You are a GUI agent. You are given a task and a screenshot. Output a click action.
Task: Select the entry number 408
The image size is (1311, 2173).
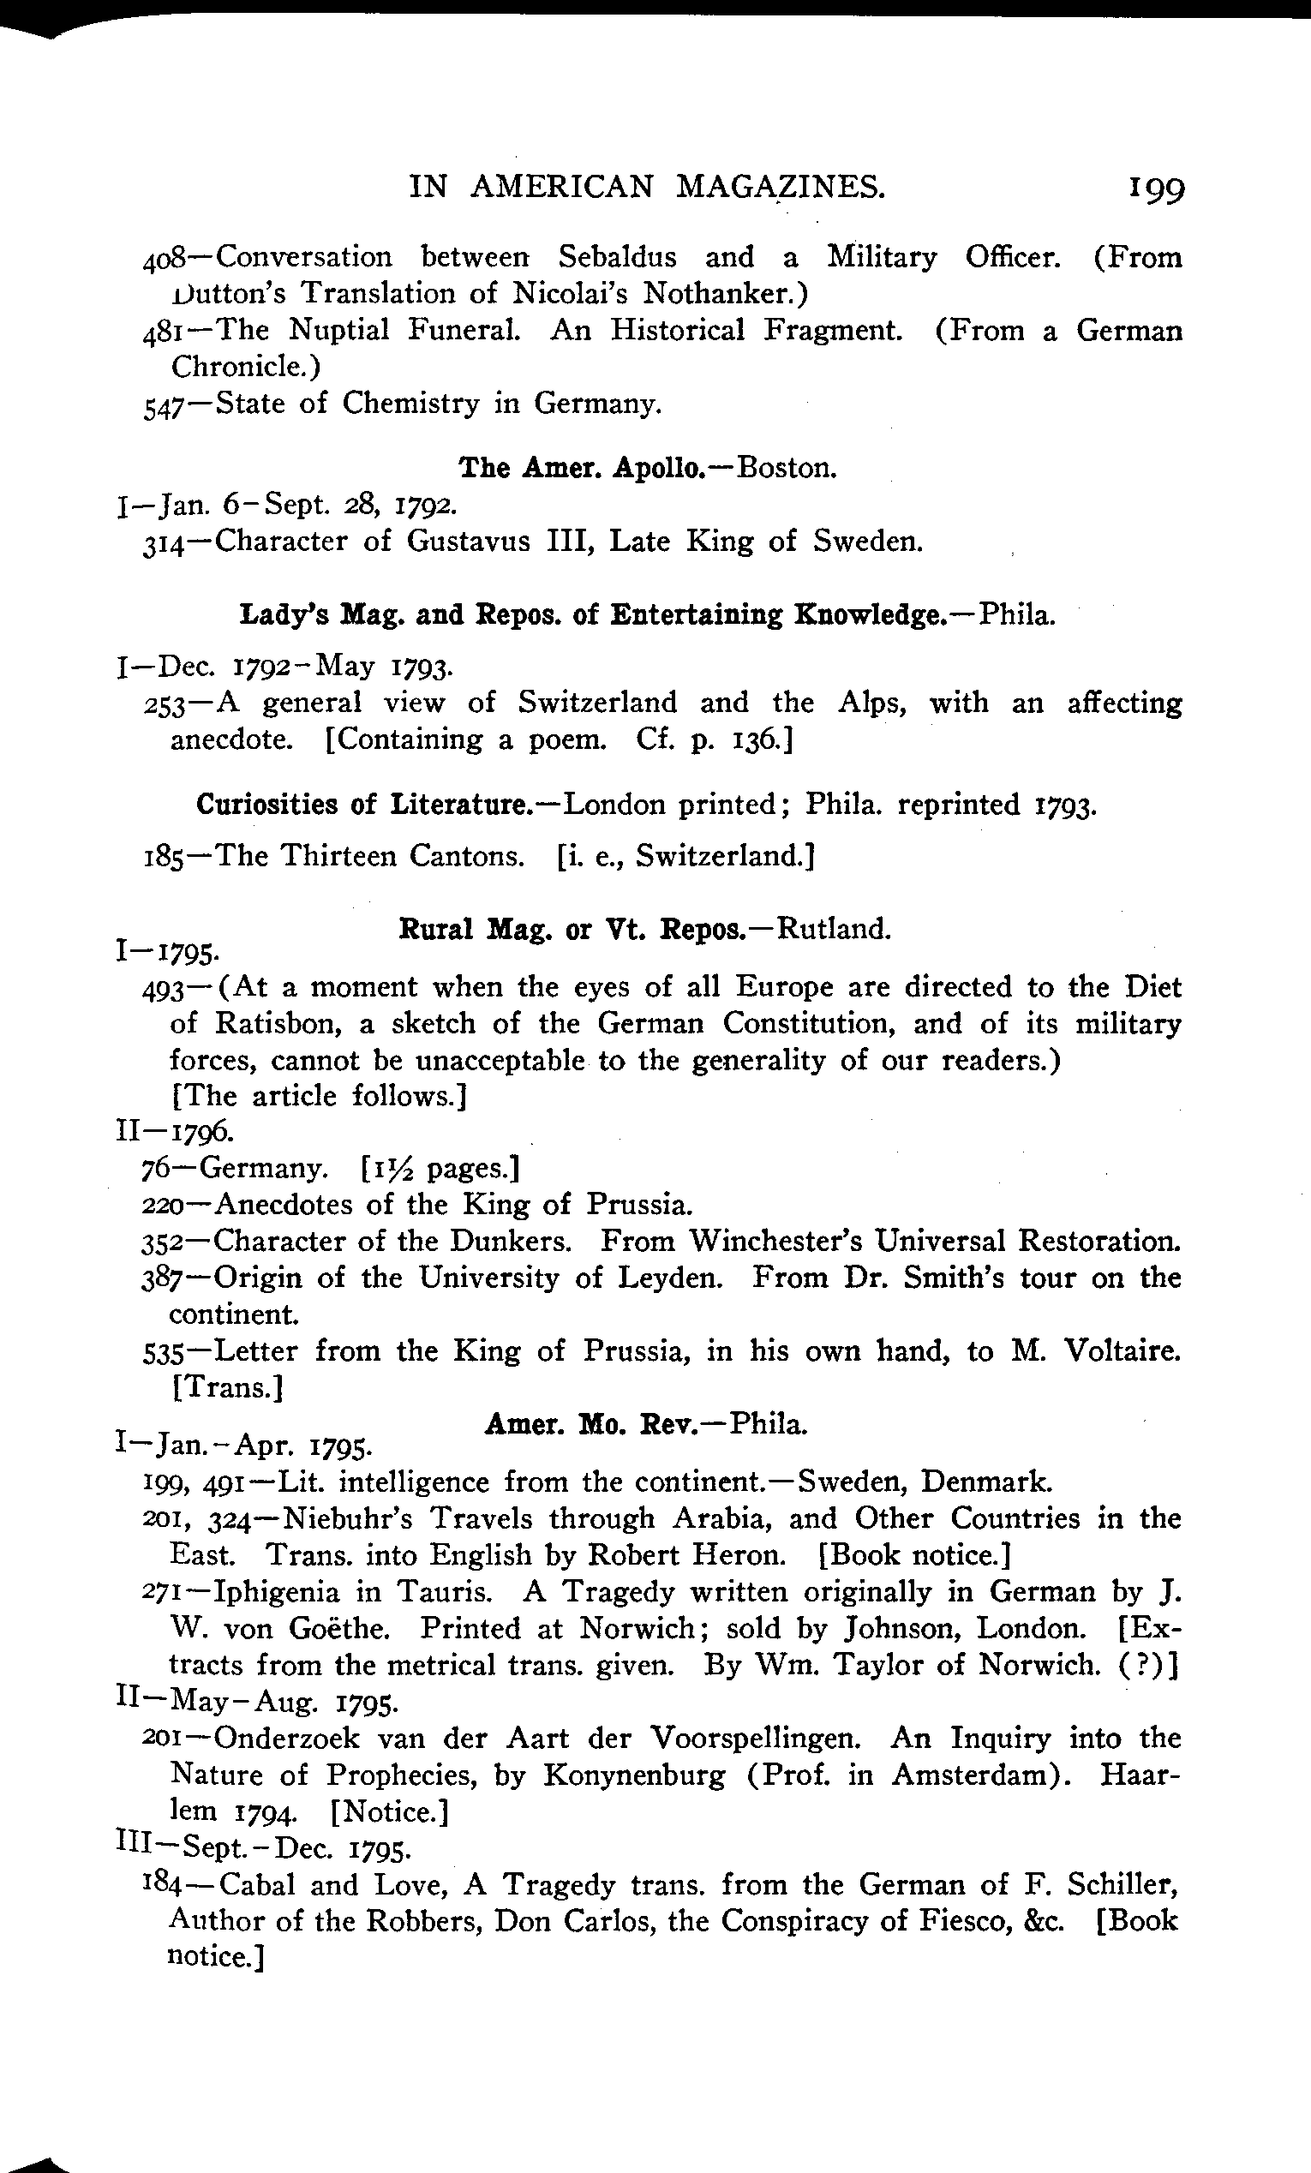point(163,259)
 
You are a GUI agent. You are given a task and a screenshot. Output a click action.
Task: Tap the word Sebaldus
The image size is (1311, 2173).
point(617,257)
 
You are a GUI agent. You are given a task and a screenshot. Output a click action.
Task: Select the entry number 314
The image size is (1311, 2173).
point(163,542)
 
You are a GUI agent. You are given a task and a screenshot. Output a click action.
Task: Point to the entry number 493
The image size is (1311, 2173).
point(162,989)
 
